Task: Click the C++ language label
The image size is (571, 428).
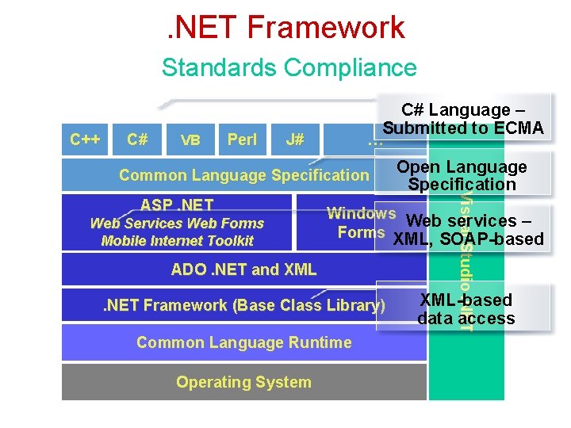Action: pyautogui.click(x=85, y=139)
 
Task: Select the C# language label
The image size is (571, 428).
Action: pyautogui.click(x=137, y=139)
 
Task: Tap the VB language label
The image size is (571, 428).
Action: pyautogui.click(x=190, y=140)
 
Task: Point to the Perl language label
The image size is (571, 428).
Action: pyautogui.click(x=242, y=139)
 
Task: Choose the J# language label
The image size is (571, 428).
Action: pyautogui.click(x=294, y=139)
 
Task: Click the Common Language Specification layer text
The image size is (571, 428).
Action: pyautogui.click(x=244, y=175)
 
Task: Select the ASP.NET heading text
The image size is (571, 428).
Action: pyautogui.click(x=177, y=206)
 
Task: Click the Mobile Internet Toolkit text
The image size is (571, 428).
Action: pyautogui.click(x=177, y=241)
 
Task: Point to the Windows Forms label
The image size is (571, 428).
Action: pyautogui.click(x=361, y=223)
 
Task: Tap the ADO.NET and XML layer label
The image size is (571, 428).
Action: pyautogui.click(x=243, y=269)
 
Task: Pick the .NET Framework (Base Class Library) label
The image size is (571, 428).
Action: pyautogui.click(x=244, y=305)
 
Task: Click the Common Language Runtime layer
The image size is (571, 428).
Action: pyautogui.click(x=243, y=342)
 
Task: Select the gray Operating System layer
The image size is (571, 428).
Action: pyautogui.click(x=243, y=382)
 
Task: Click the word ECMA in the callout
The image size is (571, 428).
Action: pyautogui.click(x=519, y=128)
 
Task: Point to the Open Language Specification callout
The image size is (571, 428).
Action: pyautogui.click(x=462, y=176)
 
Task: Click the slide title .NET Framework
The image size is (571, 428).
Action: pyautogui.click(x=285, y=28)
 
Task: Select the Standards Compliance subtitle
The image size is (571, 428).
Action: pyautogui.click(x=289, y=67)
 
